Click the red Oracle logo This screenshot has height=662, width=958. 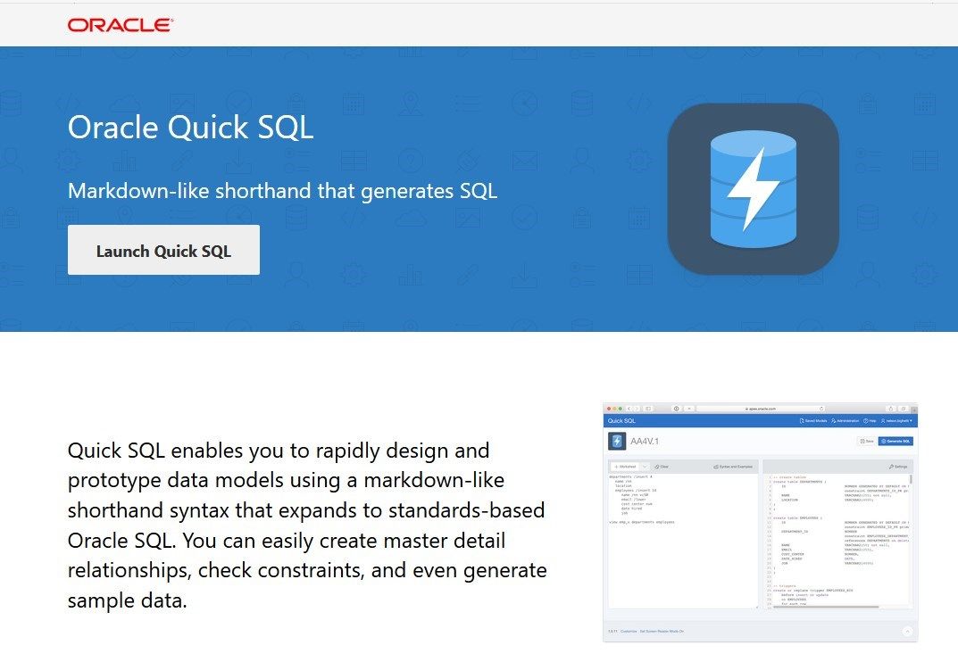click(121, 25)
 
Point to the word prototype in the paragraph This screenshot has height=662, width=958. click(113, 481)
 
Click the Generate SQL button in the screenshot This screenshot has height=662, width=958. click(896, 441)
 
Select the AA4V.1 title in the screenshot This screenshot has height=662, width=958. click(645, 441)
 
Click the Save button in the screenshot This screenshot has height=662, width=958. click(866, 441)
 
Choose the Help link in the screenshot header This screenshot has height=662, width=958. click(870, 420)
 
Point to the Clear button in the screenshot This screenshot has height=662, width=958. click(661, 467)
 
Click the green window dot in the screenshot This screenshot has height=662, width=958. click(622, 408)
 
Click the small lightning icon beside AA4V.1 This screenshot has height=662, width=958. click(617, 441)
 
